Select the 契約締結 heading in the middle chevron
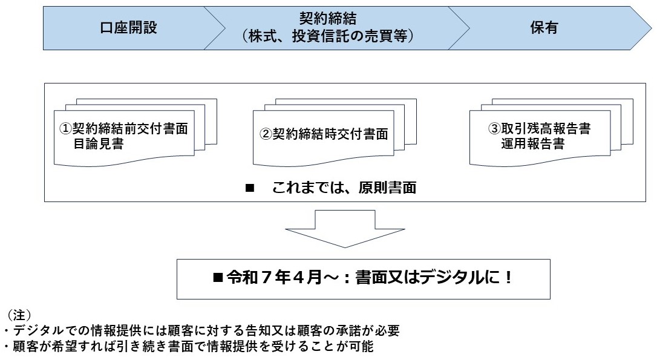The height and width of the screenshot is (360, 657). (x=327, y=18)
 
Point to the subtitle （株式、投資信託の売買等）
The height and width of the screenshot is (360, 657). (x=327, y=37)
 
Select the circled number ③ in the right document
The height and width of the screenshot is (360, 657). (x=494, y=129)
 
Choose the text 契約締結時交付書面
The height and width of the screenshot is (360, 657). (x=329, y=134)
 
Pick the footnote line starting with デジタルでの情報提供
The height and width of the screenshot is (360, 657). (x=202, y=331)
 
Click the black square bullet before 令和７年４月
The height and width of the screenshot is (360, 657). (x=218, y=278)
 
